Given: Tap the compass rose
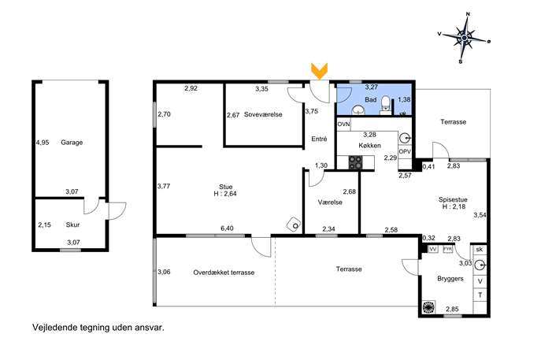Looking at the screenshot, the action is click(x=465, y=38).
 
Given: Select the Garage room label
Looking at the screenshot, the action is click(x=72, y=143).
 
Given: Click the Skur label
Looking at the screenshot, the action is click(x=72, y=225).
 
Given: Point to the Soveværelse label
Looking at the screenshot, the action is click(x=263, y=114).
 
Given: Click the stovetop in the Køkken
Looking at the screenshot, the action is click(x=355, y=162).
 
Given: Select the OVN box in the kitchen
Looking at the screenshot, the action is click(x=343, y=124).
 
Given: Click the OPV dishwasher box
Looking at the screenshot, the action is click(x=405, y=151).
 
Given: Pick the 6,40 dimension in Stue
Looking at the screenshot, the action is click(x=227, y=228).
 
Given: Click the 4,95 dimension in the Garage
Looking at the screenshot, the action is click(x=43, y=143).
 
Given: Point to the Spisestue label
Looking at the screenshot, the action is click(x=453, y=199).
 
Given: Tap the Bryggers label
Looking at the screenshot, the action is click(x=450, y=279).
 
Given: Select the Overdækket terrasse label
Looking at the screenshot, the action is click(x=224, y=273).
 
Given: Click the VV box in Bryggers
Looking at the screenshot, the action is click(x=433, y=249).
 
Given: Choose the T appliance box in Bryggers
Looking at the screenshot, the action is click(x=480, y=295).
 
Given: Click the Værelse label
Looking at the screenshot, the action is click(x=330, y=202).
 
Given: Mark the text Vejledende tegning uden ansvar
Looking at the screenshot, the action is click(x=98, y=328).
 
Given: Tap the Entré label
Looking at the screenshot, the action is click(x=319, y=139).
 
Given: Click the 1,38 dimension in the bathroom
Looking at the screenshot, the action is click(x=404, y=99).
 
